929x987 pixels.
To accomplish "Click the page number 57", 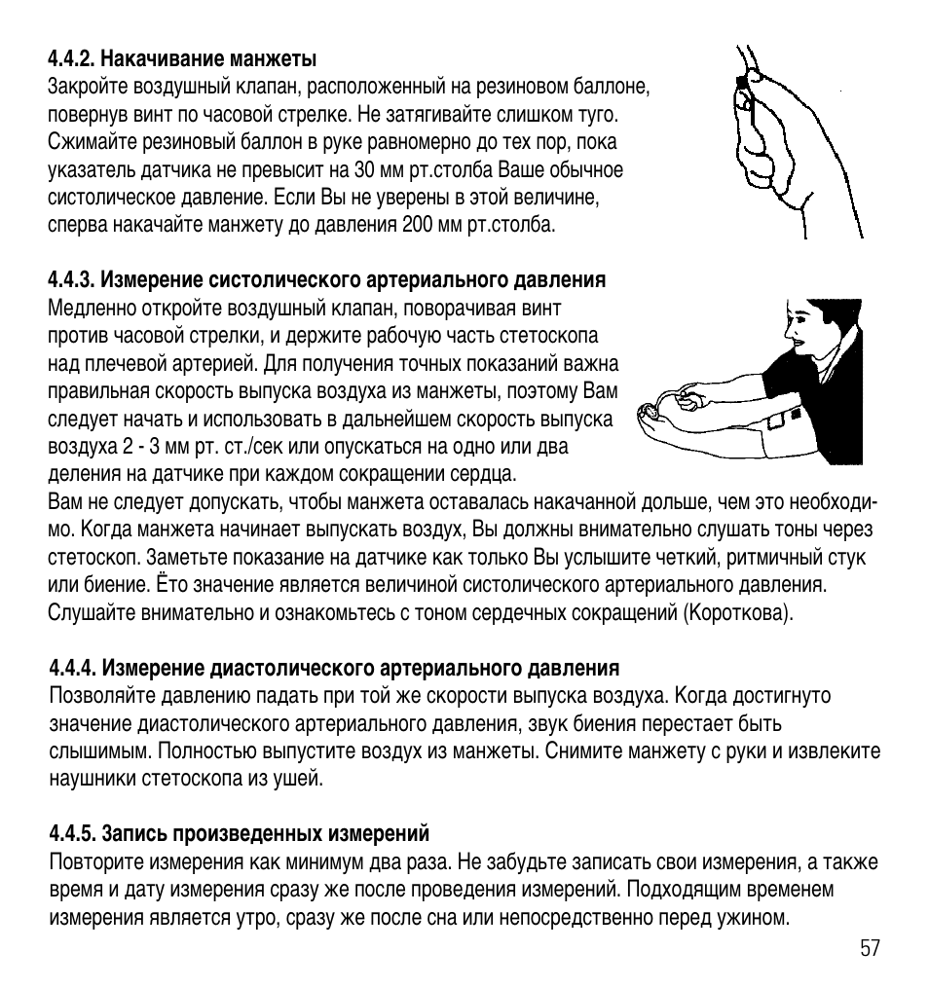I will click(x=870, y=949).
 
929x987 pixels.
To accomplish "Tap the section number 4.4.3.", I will click(x=70, y=280).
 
